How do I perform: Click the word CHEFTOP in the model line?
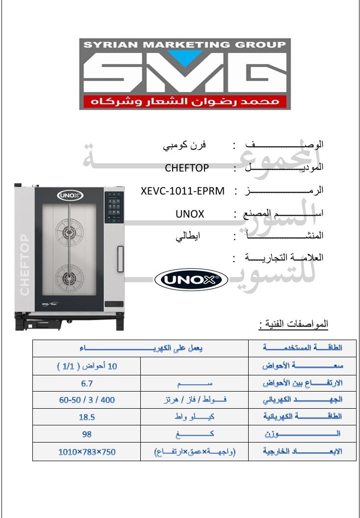click(x=187, y=168)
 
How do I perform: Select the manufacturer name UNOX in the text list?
click(x=189, y=214)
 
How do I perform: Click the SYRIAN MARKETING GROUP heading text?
click(x=184, y=45)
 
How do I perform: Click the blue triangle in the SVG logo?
click(x=184, y=58)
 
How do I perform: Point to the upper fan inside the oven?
click(x=69, y=229)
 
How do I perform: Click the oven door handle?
click(x=119, y=256)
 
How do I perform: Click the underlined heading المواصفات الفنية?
click(x=293, y=325)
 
